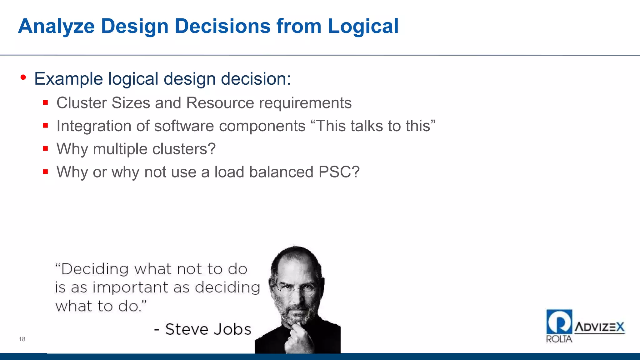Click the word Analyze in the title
[x=56, y=26]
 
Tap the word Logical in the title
[x=363, y=26]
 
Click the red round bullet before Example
[x=23, y=77]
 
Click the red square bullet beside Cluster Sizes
[x=46, y=102]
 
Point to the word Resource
[x=220, y=103]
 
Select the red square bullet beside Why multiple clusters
[x=46, y=148]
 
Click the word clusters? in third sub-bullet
[x=184, y=149]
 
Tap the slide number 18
[x=22, y=339]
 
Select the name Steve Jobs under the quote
[x=208, y=329]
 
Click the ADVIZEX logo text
[x=599, y=327]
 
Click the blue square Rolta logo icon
[x=559, y=322]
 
